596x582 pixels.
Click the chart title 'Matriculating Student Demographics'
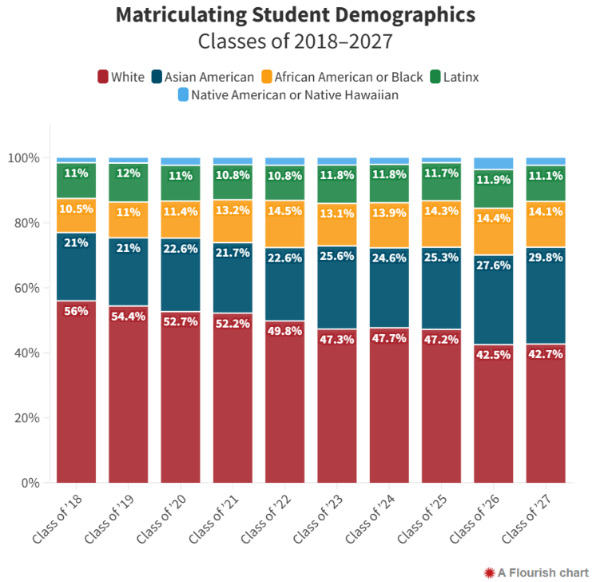[296, 14]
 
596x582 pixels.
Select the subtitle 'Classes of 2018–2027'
[296, 41]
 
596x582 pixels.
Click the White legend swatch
[103, 77]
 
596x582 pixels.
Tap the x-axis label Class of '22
[270, 517]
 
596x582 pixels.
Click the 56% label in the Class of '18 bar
[76, 312]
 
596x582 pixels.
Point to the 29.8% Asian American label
[546, 257]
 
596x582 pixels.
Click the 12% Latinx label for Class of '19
[128, 173]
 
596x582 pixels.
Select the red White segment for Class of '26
[493, 416]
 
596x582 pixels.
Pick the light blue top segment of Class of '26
[493, 163]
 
